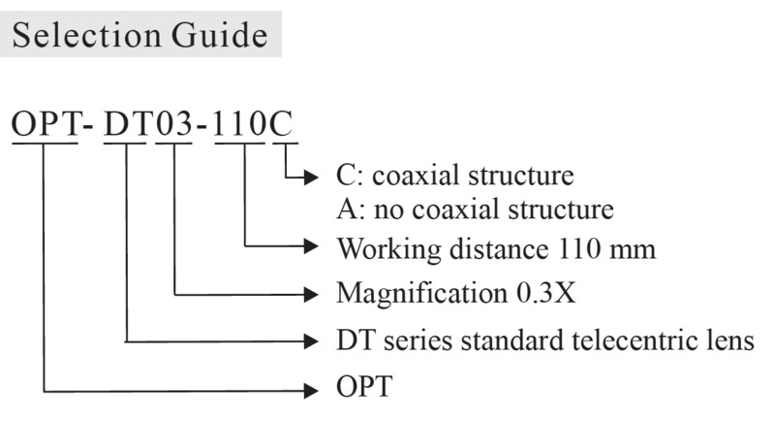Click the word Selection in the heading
coord(86,35)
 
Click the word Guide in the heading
coord(220,35)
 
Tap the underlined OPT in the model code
coord(45,123)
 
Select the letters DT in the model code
coord(126,123)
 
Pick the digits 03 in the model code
coord(174,123)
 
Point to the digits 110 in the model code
coord(239,123)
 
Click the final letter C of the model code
coord(281,123)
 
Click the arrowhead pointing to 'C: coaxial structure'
coord(311,178)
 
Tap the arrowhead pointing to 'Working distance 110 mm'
coord(311,245)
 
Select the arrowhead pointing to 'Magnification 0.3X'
coord(311,294)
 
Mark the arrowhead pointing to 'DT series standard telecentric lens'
coord(311,340)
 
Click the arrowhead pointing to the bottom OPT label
coord(311,391)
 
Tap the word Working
coord(389,249)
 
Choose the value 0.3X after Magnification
coord(546,293)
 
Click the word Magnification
coord(421,294)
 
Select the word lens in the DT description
coord(728,340)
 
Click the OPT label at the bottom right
coord(364,386)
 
